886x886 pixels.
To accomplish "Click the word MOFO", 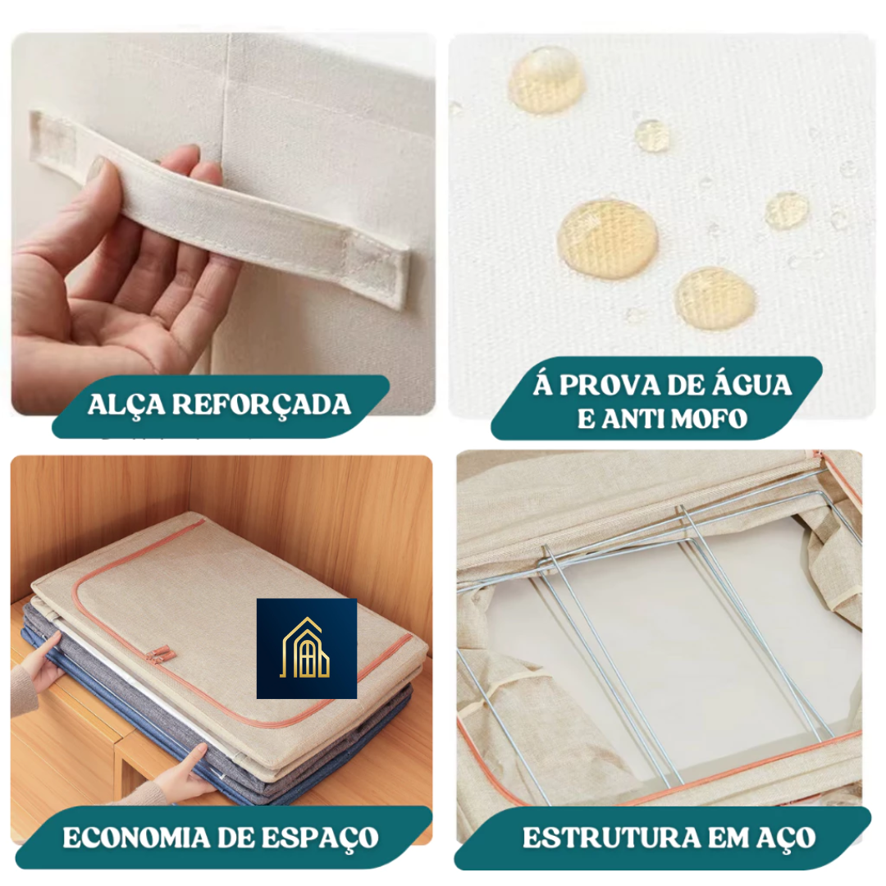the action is click(x=709, y=419).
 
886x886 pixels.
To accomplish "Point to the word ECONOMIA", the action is click(x=135, y=838).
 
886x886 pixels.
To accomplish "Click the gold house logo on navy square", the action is click(x=307, y=649).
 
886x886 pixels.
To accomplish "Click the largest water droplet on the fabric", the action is click(x=607, y=239).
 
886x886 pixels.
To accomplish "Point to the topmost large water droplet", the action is click(x=546, y=80).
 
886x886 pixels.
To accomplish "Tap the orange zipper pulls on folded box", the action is click(x=160, y=654).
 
